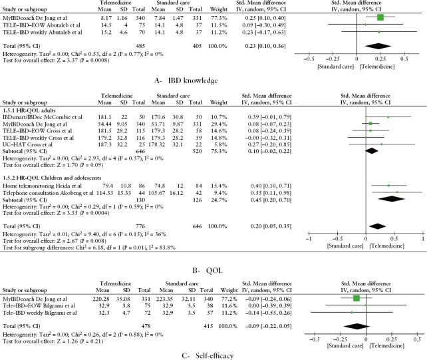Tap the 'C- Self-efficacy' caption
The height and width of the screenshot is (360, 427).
point(213,355)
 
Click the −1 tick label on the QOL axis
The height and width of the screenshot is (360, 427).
point(309,238)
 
